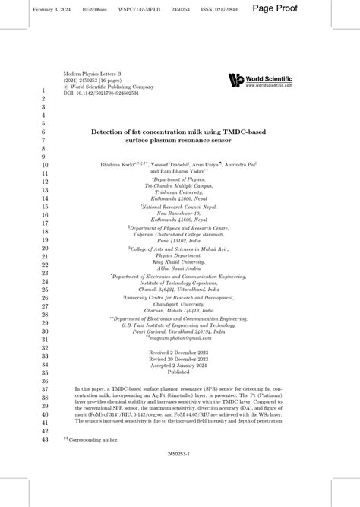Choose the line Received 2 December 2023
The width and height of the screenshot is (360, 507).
(180, 354)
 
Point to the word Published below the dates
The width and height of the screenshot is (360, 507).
(180, 373)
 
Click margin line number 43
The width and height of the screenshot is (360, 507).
(43, 439)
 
